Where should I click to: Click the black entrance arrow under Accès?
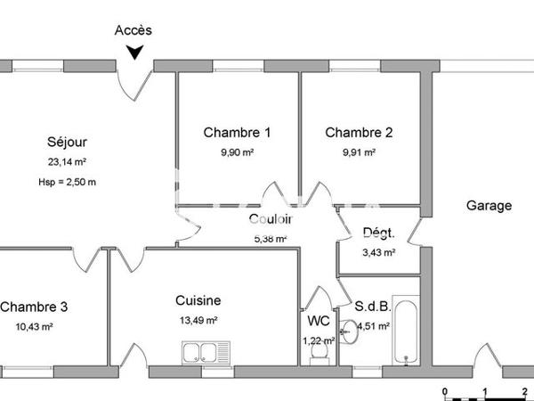pos(133,53)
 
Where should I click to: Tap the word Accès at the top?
pos(133,29)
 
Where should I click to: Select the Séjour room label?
pos(67,142)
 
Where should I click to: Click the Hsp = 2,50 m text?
pos(67,182)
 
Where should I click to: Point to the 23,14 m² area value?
pos(67,162)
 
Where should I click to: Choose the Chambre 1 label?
pos(237,133)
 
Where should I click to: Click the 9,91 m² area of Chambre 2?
pos(359,152)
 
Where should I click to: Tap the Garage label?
pos(489,206)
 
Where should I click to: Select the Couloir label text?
pos(271,220)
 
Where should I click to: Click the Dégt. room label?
pos(379,233)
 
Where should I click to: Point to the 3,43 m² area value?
pos(379,252)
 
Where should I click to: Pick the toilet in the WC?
pos(319,354)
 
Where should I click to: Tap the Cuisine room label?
pos(198,301)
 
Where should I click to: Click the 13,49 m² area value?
pos(198,321)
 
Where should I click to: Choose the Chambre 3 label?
pos(34,307)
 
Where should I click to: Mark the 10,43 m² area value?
pos(34,327)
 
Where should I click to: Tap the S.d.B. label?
pos(372,307)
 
